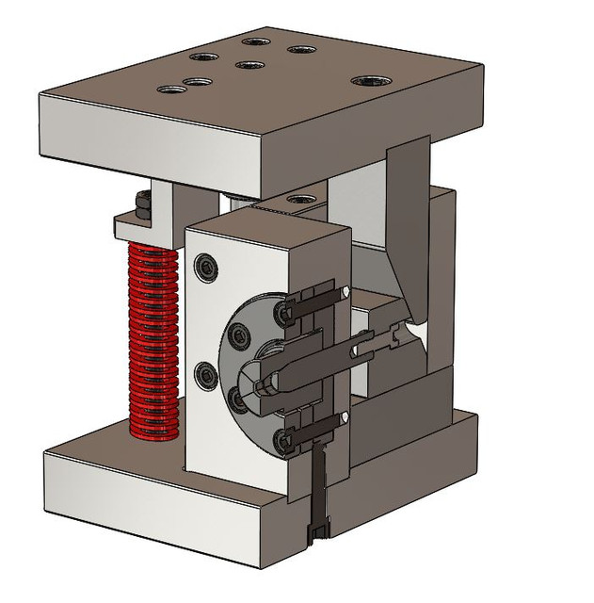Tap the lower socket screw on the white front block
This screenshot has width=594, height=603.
click(x=205, y=376)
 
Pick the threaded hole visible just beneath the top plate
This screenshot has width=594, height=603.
click(x=300, y=200)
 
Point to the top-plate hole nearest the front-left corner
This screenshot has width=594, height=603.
click(x=171, y=90)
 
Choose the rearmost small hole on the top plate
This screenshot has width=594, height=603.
click(x=255, y=41)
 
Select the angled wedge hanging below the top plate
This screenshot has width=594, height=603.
click(x=409, y=226)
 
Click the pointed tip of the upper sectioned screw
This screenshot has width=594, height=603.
click(x=348, y=292)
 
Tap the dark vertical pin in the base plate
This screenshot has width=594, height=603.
click(x=318, y=499)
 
